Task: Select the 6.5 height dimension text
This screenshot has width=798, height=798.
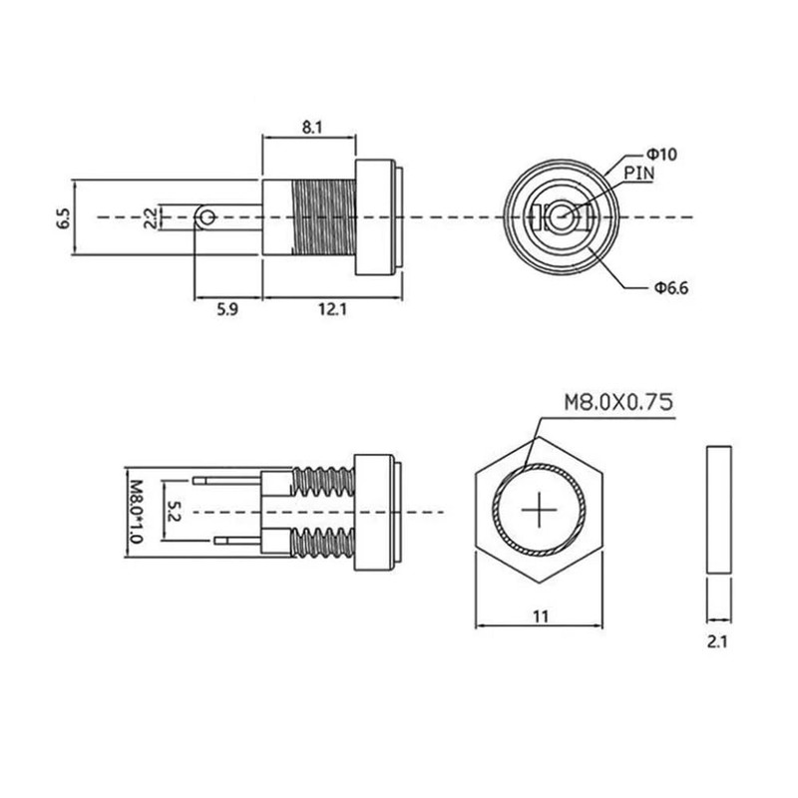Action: pos(63,216)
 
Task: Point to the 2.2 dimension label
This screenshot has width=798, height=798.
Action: pos(149,216)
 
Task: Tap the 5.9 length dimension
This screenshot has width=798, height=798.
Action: pos(227,310)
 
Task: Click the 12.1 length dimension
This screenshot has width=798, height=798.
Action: pos(332,310)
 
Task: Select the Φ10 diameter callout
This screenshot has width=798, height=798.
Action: pos(661,155)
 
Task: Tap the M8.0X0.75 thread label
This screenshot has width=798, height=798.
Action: pos(617,402)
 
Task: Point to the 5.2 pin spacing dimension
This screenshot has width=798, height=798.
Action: pos(174,511)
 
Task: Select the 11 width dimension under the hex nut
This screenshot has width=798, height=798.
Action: pos(541,616)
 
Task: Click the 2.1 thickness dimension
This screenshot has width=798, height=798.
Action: pos(718,643)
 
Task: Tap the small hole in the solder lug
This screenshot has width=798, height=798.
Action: pos(205,215)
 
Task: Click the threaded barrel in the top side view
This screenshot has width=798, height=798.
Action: pos(324,216)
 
